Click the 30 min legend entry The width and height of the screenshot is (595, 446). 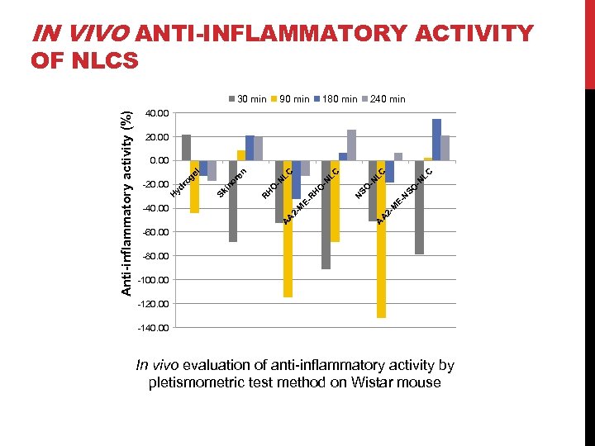[x=247, y=99]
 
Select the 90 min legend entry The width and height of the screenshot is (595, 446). [x=291, y=99]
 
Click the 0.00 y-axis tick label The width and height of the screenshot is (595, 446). [x=159, y=161]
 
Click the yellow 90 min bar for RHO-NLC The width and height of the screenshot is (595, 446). [x=288, y=228]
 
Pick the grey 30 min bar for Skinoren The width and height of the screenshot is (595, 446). [x=233, y=201]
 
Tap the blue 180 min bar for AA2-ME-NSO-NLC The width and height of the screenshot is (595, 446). [x=436, y=140]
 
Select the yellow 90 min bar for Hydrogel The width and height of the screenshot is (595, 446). [x=194, y=187]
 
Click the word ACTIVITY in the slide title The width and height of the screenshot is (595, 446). [x=452, y=34]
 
